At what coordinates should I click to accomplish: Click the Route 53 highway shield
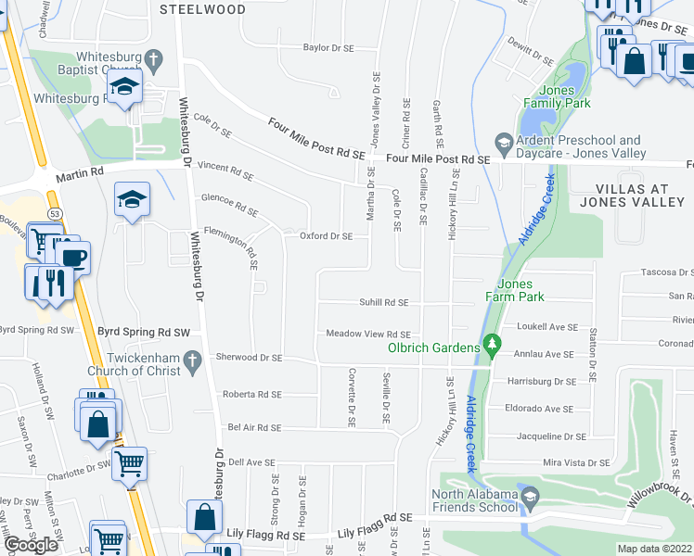(57, 214)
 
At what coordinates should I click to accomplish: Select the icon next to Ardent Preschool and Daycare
(504, 141)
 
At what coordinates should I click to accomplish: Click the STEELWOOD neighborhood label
(203, 9)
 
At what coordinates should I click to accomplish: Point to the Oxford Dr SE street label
(326, 236)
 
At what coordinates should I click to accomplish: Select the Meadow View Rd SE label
(367, 334)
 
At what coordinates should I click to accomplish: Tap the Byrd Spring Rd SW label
(39, 330)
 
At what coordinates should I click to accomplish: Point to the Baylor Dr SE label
(329, 47)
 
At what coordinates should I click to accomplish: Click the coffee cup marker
(72, 257)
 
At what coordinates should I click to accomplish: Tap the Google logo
(31, 545)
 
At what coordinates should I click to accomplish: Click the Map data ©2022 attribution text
(654, 549)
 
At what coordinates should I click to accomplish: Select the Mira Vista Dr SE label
(575, 462)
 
